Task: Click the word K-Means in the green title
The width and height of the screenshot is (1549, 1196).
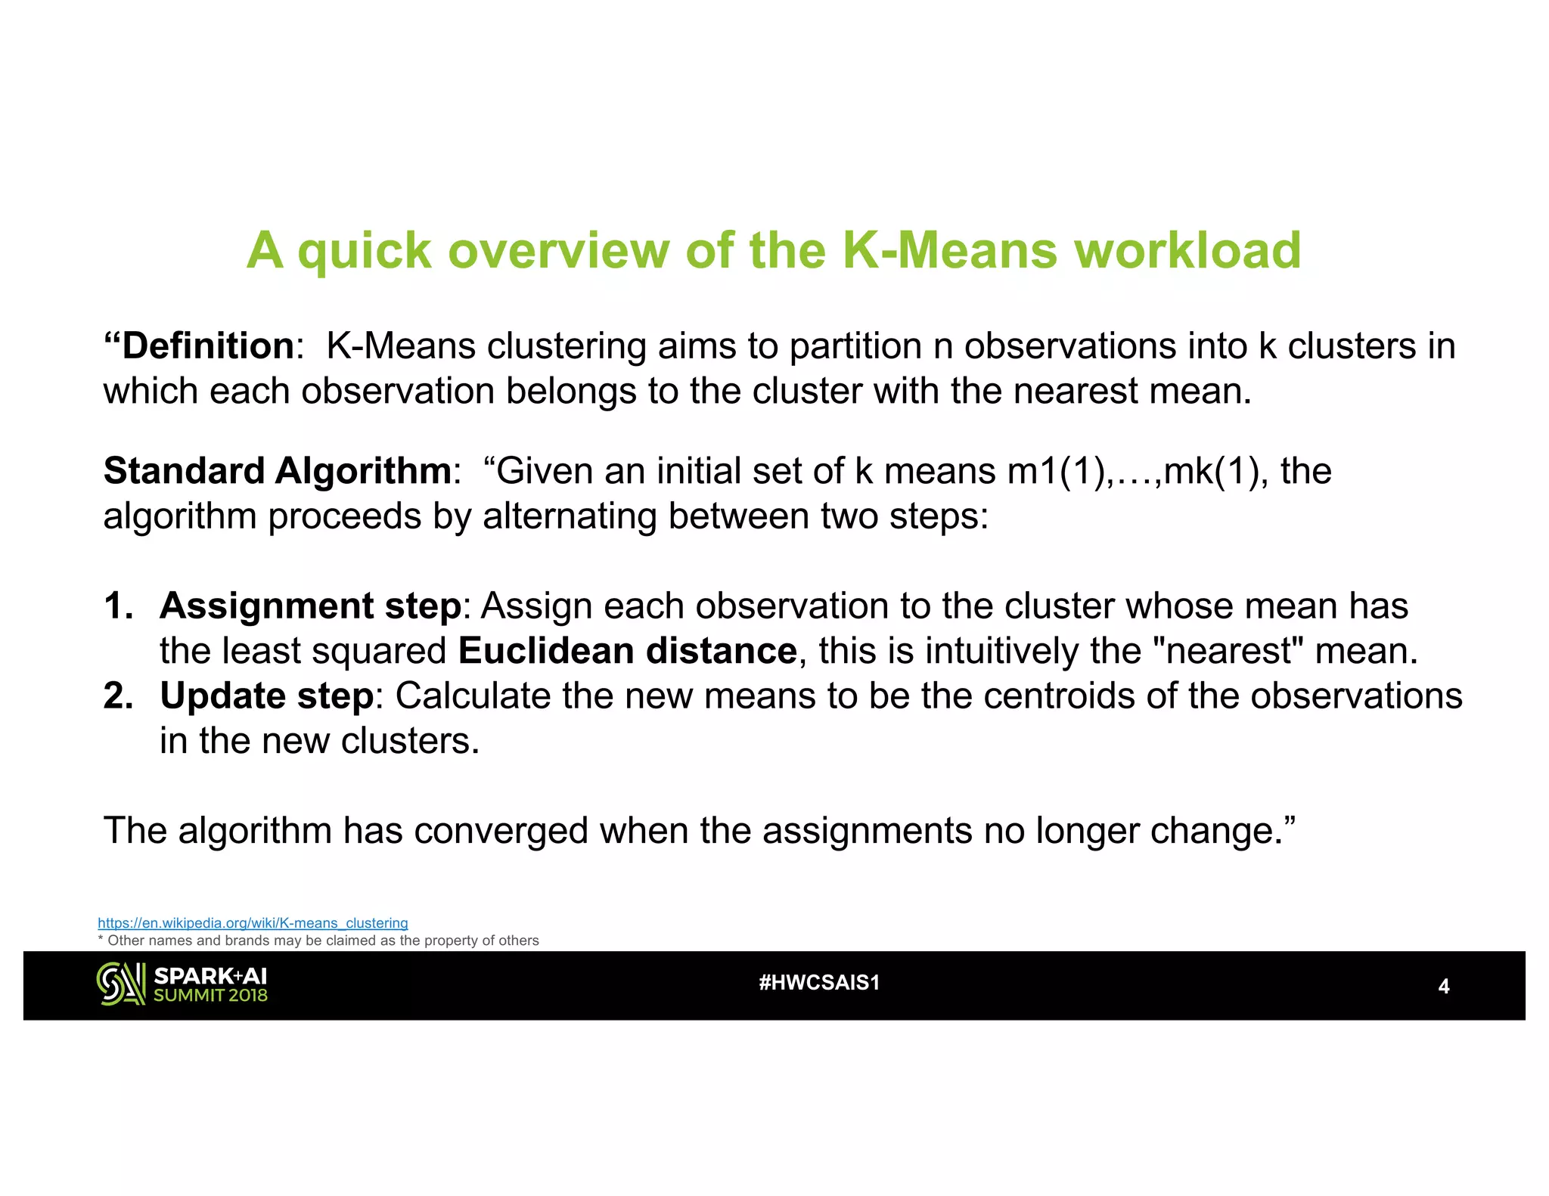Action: point(948,250)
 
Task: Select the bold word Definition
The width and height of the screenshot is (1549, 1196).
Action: point(207,346)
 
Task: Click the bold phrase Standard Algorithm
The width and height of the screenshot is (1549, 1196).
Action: point(278,471)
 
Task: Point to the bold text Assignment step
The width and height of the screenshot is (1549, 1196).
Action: point(310,606)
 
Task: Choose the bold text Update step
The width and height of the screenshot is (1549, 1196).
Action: point(266,696)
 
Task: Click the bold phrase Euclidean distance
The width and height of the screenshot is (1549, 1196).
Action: point(627,651)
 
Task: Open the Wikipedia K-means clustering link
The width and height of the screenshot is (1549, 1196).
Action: point(253,923)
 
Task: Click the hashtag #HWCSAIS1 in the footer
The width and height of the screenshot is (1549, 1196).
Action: point(819,983)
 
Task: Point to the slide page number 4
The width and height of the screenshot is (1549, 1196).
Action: point(1443,987)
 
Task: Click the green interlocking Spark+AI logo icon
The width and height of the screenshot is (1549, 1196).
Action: point(121,984)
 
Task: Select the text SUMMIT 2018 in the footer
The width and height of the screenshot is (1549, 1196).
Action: point(210,996)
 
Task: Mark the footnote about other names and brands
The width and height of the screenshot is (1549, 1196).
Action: point(318,940)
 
